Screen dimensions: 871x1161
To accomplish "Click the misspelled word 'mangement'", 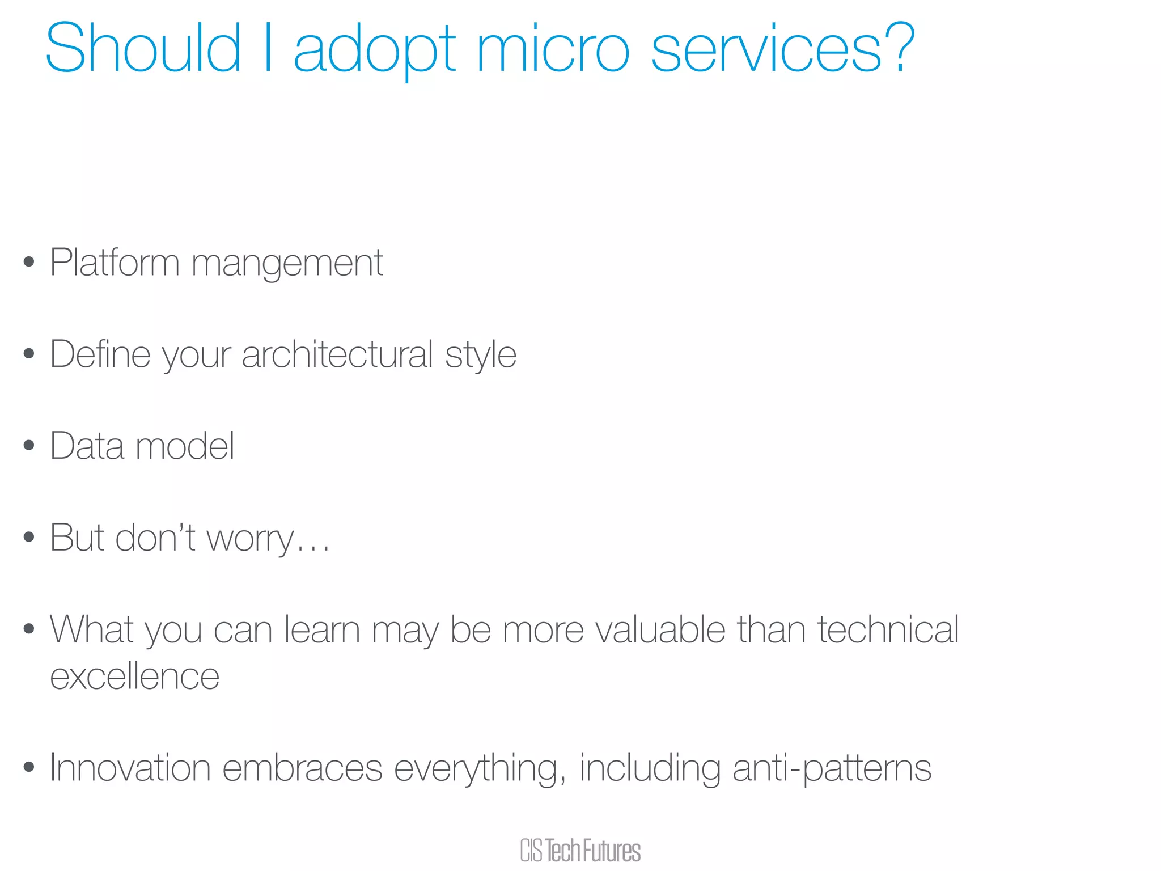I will [x=287, y=264].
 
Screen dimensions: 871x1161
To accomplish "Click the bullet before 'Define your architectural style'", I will [x=29, y=354].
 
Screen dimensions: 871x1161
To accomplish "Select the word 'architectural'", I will [x=337, y=354].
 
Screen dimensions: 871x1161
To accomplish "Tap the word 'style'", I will [x=481, y=356].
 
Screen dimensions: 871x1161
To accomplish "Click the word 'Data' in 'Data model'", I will [x=87, y=446].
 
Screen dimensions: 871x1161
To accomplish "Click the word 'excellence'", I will [x=135, y=676].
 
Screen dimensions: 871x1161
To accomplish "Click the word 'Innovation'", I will [x=130, y=768].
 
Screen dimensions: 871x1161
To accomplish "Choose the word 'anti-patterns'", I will [x=832, y=769].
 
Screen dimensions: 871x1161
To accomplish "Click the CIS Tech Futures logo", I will [x=580, y=850].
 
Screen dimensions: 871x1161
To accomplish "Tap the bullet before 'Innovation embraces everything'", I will [x=29, y=767].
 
